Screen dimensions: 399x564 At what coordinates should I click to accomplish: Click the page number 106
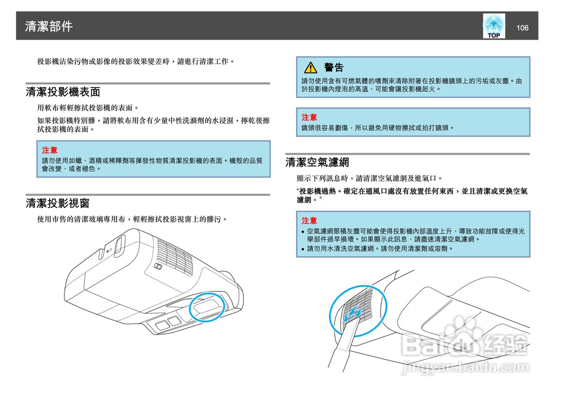point(522,28)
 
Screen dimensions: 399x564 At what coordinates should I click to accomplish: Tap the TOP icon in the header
point(493,26)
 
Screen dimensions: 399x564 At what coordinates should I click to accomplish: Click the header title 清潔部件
point(49,26)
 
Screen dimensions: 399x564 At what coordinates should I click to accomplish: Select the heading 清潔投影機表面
point(63,92)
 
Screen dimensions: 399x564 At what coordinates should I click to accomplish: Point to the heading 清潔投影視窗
point(58,203)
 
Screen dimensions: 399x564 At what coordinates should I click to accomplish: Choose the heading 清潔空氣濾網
point(317,162)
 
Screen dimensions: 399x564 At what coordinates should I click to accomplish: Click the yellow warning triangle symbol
point(311,67)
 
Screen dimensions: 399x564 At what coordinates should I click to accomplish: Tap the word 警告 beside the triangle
point(334,67)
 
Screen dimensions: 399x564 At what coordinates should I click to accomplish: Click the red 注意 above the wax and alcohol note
point(49,150)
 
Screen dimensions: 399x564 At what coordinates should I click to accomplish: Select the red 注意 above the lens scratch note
point(309,117)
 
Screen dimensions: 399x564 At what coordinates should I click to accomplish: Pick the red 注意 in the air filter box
point(309,220)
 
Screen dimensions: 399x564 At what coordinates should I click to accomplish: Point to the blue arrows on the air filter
point(354,314)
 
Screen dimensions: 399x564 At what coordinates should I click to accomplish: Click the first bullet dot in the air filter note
point(303,232)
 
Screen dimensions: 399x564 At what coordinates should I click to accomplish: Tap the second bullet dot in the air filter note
point(303,249)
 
